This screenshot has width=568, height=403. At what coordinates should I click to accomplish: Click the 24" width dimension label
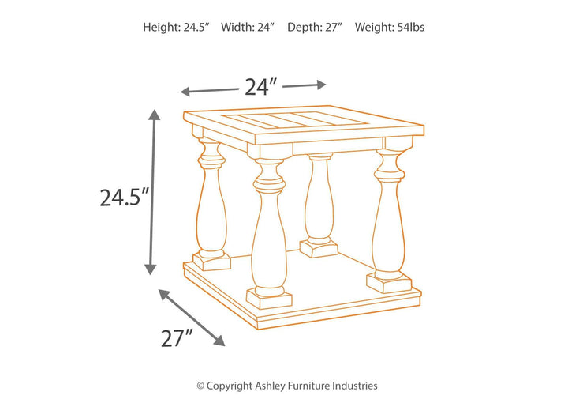pyautogui.click(x=261, y=87)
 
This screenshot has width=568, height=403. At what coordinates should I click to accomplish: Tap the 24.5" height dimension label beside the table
pyautogui.click(x=125, y=198)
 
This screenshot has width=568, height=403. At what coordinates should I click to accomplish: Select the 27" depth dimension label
pyautogui.click(x=177, y=338)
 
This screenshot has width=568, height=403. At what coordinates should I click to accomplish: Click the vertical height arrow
pyautogui.click(x=152, y=192)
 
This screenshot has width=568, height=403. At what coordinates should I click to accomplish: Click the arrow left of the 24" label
pyautogui.click(x=209, y=91)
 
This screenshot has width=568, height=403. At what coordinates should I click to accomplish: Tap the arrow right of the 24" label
pyautogui.click(x=305, y=85)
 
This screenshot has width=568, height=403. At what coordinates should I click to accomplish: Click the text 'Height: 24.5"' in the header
pyautogui.click(x=177, y=27)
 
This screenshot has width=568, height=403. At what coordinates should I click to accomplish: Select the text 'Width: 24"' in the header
pyautogui.click(x=248, y=27)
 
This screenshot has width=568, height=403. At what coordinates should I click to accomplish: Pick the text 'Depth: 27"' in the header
pyautogui.click(x=315, y=27)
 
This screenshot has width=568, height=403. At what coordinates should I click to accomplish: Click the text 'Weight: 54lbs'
pyautogui.click(x=390, y=27)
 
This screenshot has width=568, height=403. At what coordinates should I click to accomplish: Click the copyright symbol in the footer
pyautogui.click(x=200, y=386)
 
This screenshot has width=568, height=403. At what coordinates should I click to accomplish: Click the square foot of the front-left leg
pyautogui.click(x=269, y=299)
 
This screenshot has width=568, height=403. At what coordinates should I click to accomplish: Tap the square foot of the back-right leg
pyautogui.click(x=319, y=248)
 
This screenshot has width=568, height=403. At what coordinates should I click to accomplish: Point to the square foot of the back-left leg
pyautogui.click(x=212, y=262)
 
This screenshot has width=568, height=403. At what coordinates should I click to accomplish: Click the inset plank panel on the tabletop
pyautogui.click(x=295, y=119)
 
